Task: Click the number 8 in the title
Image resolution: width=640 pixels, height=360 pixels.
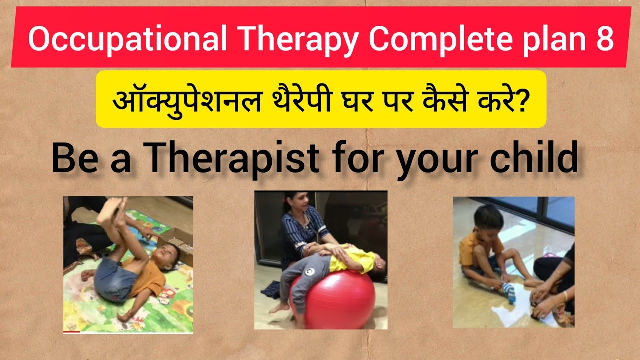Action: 604,39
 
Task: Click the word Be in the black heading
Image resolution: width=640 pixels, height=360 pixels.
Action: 73,158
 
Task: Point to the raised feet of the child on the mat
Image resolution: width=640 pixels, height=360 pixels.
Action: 112,210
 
